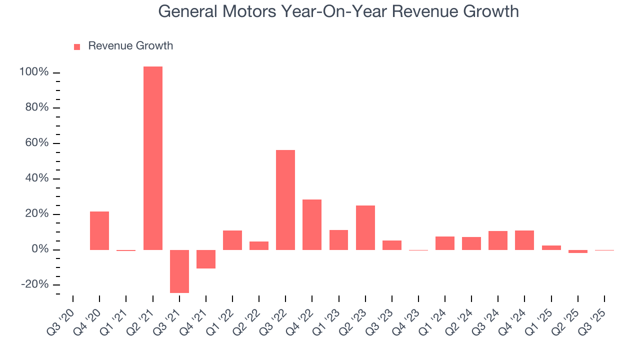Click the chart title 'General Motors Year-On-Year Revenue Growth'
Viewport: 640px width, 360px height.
(x=338, y=11)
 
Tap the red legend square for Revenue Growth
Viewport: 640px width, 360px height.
(x=77, y=46)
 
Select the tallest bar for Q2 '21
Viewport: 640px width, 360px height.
(x=152, y=158)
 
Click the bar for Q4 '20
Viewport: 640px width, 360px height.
(x=99, y=230)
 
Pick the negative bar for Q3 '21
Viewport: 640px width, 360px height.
(x=179, y=271)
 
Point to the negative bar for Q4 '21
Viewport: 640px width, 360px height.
(x=206, y=259)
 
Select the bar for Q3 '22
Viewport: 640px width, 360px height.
(x=285, y=199)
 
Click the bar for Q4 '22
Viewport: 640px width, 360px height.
(x=312, y=224)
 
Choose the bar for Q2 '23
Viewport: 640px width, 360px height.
(x=365, y=227)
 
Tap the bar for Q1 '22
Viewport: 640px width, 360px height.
(x=232, y=240)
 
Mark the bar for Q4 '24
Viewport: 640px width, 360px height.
(x=524, y=240)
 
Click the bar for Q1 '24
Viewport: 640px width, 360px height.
(x=445, y=243)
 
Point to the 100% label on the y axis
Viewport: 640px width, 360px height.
(x=34, y=72)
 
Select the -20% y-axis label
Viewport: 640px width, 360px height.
(x=34, y=284)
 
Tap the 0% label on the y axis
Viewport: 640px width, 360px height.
(x=39, y=249)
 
